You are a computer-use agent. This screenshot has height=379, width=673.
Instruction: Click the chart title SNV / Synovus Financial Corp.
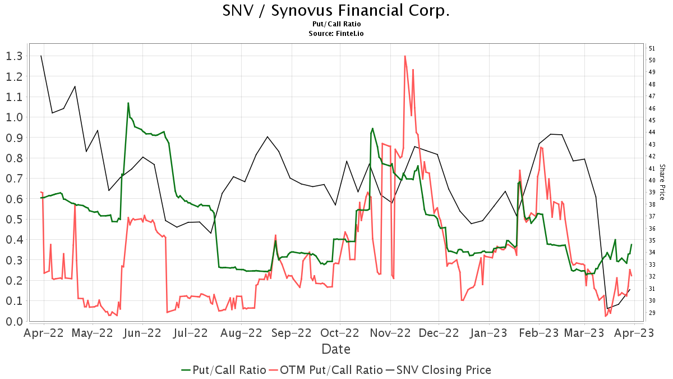tap(336, 11)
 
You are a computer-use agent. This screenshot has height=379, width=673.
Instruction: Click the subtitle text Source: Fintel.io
tap(336, 34)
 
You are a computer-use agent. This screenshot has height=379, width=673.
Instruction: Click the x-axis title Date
tap(336, 349)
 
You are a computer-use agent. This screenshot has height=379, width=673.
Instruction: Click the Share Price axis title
tap(662, 182)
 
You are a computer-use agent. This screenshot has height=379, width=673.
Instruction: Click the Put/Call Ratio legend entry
tap(223, 370)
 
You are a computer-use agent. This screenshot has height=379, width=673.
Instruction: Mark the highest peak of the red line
tap(404, 56)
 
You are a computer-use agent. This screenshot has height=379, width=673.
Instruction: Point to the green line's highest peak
tap(128, 103)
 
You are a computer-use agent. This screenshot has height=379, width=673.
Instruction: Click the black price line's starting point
tap(41, 56)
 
